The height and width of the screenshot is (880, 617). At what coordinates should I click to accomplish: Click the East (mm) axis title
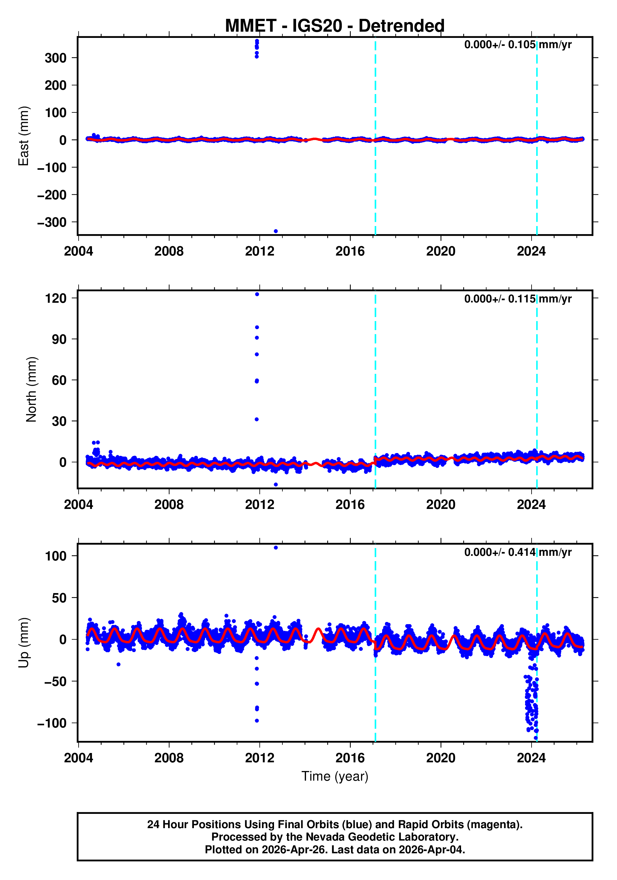[x=24, y=136]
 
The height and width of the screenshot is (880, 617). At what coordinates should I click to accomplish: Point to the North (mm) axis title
[x=31, y=389]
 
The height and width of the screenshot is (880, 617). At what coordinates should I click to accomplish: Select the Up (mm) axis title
[x=24, y=643]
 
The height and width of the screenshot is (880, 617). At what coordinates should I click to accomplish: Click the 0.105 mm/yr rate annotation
[x=518, y=45]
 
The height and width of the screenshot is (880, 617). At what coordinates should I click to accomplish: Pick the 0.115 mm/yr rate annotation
[x=518, y=299]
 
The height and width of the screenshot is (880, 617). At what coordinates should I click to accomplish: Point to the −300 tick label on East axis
[x=52, y=222]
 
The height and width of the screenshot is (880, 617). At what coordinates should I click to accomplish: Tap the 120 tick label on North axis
[x=56, y=298]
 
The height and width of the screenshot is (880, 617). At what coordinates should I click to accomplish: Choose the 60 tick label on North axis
[x=59, y=380]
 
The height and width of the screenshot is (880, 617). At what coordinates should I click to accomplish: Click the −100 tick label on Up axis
[x=52, y=723]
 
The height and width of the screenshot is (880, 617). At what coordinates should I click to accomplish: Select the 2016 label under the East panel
[x=350, y=252]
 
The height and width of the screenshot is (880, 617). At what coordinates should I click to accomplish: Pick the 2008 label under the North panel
[x=169, y=505]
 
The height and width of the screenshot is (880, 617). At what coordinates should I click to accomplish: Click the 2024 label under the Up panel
[x=531, y=758]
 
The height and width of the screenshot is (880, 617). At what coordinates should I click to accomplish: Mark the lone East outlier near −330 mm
[x=276, y=231]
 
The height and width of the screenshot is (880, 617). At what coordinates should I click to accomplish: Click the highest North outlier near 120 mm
[x=257, y=294]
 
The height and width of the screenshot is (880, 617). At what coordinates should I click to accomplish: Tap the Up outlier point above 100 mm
[x=276, y=548]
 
